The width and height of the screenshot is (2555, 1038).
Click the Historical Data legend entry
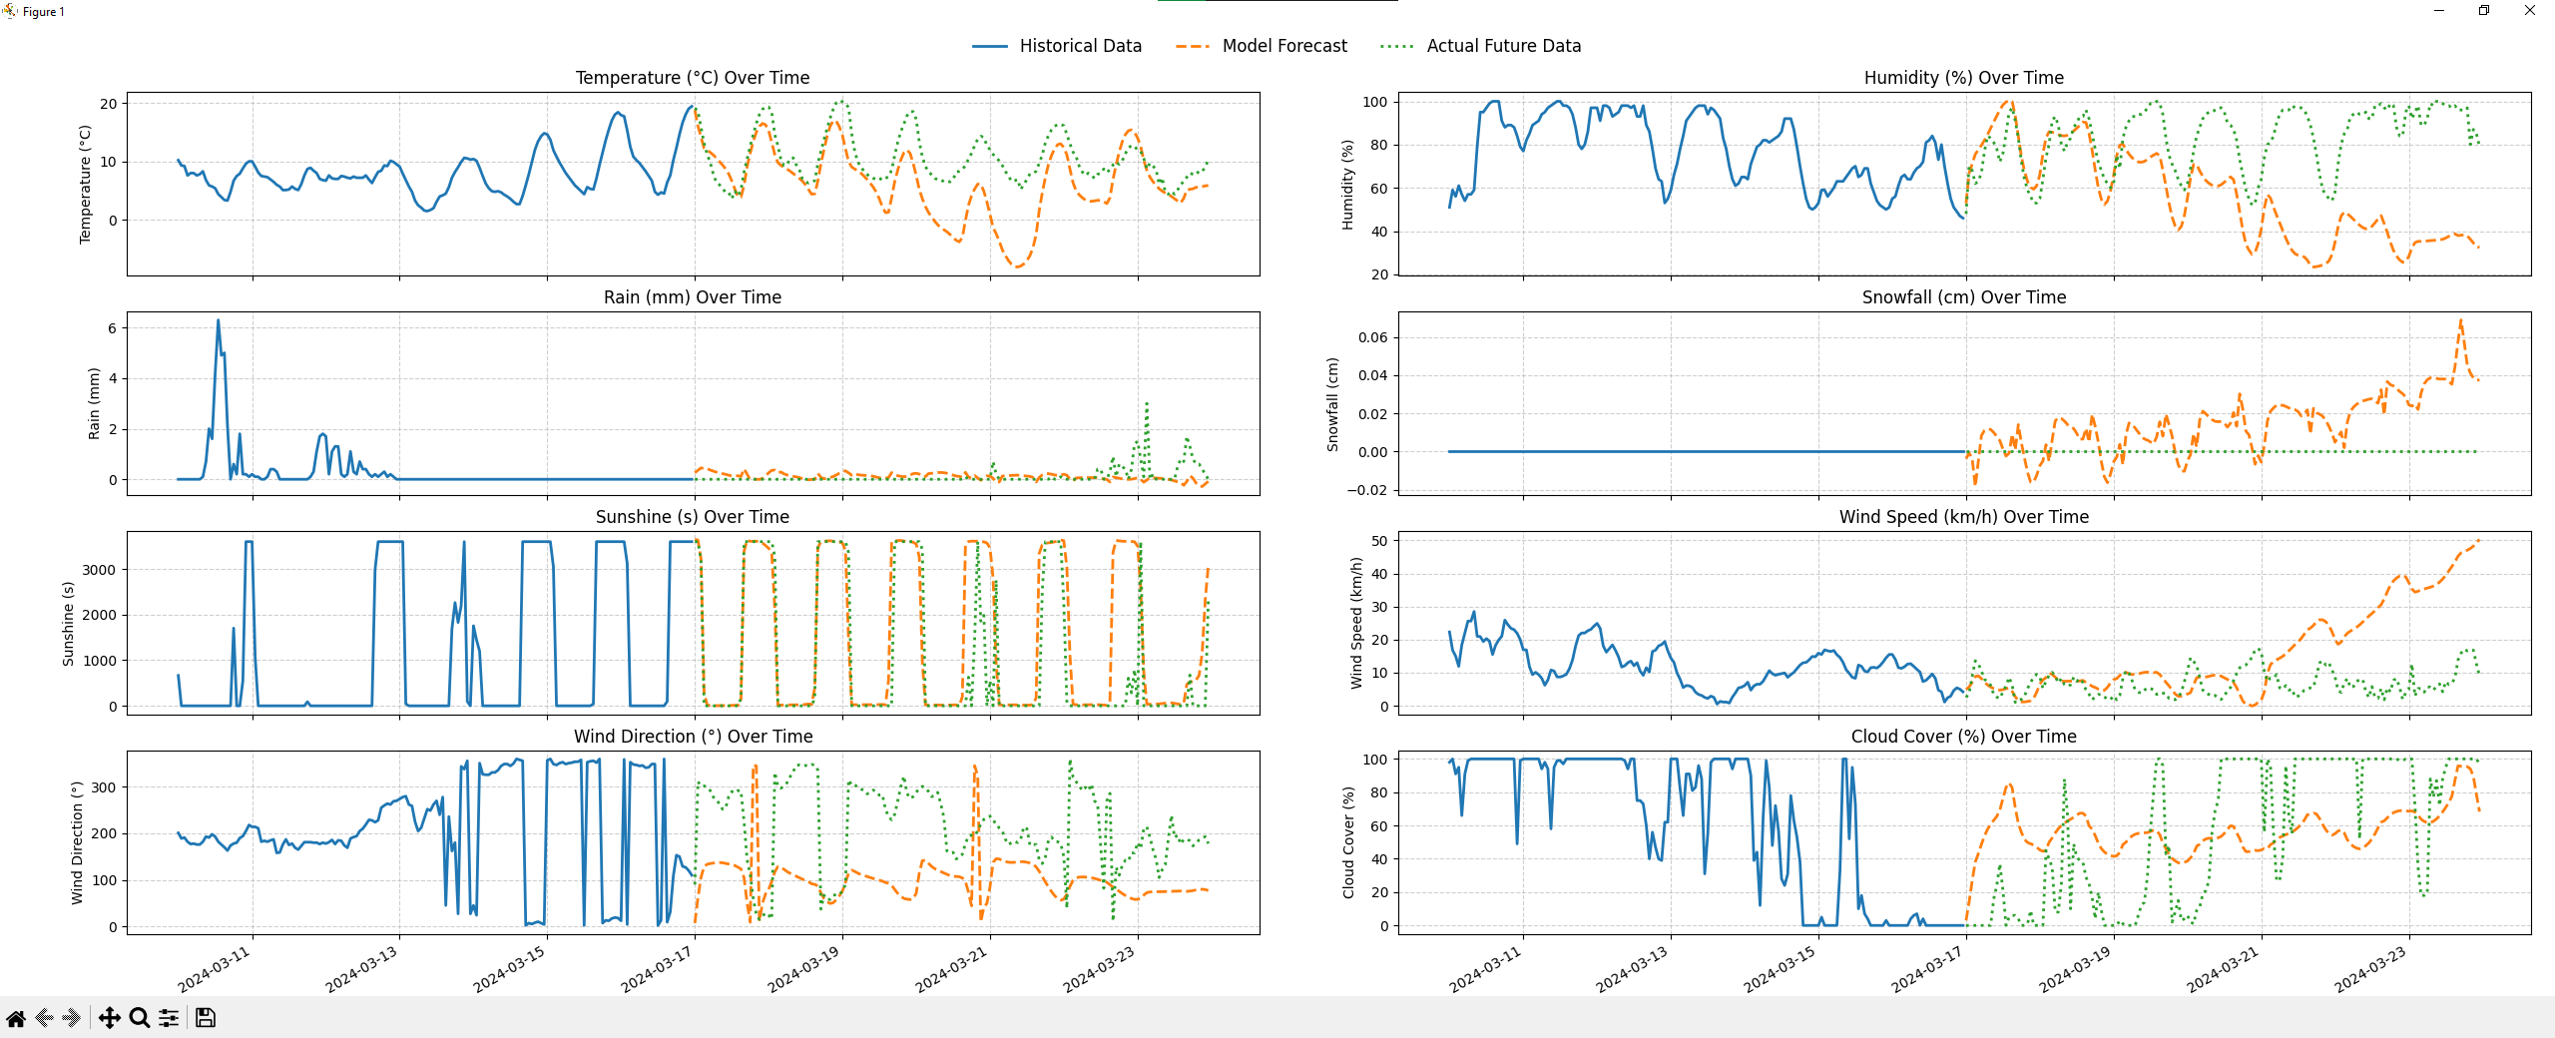pos(1079,46)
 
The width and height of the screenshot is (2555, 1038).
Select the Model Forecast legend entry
pos(1283,46)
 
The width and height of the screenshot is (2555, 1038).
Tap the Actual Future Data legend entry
pos(1503,46)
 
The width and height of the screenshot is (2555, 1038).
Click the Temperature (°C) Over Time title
pos(692,78)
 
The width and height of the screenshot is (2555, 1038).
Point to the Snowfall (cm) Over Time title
pos(1963,297)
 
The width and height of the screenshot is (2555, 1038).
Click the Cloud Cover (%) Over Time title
pos(1963,737)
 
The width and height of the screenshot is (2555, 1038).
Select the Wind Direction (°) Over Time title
pos(692,737)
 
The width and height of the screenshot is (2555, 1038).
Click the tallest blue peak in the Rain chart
pos(218,321)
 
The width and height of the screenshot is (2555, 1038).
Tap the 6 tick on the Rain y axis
pos(112,328)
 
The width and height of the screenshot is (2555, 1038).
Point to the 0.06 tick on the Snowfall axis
pos(1372,337)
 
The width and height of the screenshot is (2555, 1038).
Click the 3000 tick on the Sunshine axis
pos(99,570)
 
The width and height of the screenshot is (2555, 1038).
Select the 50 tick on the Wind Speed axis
pos(1378,541)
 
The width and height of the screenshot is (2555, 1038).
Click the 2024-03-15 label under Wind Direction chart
pos(510,967)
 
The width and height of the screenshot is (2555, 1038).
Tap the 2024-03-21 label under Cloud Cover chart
pos(2223,967)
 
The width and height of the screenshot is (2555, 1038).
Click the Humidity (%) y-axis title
pos(1347,185)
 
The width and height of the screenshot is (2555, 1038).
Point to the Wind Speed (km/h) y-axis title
pos(1355,623)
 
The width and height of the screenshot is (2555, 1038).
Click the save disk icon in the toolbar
pos(206,1018)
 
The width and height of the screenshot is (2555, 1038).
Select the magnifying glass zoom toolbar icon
pos(140,1018)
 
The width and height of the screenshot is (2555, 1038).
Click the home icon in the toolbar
pos(16,1018)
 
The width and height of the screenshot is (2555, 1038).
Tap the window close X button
pos(2529,11)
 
